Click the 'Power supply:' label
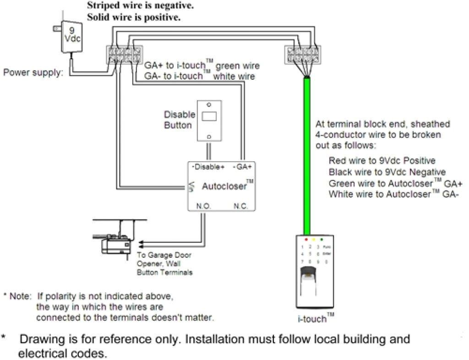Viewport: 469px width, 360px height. coord(33,72)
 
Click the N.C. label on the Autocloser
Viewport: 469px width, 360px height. coord(240,207)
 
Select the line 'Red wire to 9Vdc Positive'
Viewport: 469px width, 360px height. coord(382,161)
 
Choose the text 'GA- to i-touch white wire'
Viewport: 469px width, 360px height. coord(200,76)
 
